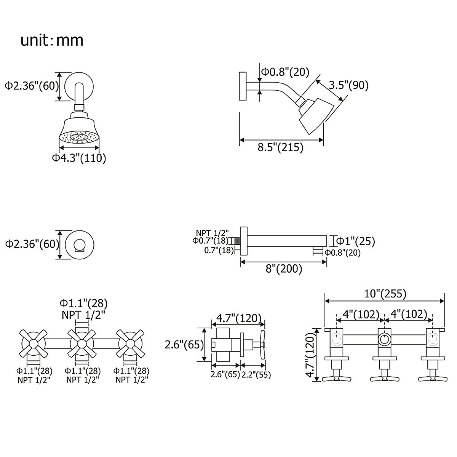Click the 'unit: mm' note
point(52,40)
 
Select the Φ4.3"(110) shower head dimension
point(79,158)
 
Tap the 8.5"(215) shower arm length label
point(281,147)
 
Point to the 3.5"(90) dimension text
point(348,85)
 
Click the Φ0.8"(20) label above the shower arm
point(285,72)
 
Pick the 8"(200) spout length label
point(284,269)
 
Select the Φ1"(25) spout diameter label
point(356,241)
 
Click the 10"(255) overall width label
point(385,294)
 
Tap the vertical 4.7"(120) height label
point(310,355)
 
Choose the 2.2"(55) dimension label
point(256,375)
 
